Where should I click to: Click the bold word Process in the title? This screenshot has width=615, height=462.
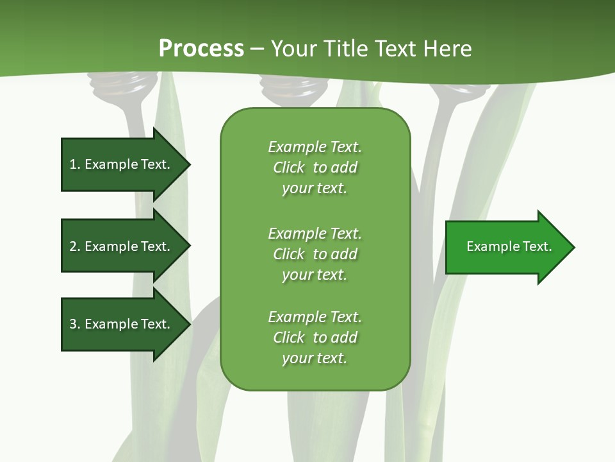click(201, 49)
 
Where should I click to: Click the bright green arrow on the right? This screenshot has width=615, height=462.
click(506, 247)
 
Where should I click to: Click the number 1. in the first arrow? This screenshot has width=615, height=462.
click(74, 164)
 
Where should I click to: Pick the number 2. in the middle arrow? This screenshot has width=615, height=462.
click(74, 246)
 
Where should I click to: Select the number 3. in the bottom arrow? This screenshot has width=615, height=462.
click(74, 324)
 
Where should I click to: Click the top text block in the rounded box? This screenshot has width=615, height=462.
click(315, 167)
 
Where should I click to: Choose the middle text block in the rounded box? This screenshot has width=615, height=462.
click(315, 253)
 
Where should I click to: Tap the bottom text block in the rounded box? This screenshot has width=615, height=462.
click(315, 338)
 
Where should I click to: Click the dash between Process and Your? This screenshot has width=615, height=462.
click(257, 49)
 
